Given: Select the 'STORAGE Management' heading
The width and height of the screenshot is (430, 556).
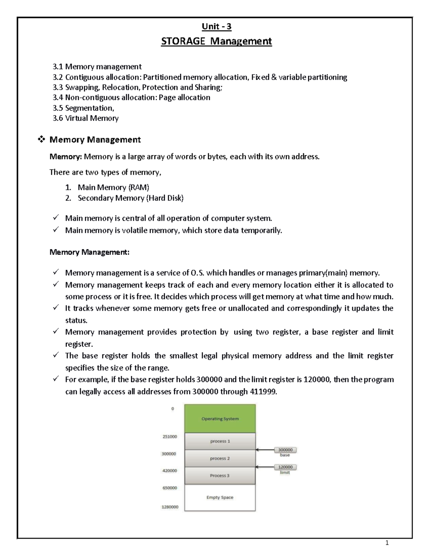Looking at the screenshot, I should click(216, 42).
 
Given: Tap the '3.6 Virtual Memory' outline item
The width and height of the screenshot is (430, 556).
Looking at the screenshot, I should click(85, 118).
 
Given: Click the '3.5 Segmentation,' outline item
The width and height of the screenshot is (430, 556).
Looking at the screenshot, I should click(83, 108).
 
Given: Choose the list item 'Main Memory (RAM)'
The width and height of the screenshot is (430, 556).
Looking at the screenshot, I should click(113, 187).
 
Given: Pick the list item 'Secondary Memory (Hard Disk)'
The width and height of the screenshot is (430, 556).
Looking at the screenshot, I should click(130, 198).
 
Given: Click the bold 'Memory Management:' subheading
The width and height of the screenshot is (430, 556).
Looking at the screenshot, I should click(89, 252).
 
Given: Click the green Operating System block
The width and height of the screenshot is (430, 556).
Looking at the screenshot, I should click(220, 419).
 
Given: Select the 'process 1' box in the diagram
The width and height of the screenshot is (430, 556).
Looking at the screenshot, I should click(220, 441).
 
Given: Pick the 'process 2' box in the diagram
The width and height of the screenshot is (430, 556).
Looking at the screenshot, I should click(220, 458).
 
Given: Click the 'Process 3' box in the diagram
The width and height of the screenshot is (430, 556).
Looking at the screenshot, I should click(220, 475).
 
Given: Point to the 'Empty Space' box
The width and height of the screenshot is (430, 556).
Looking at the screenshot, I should click(220, 497).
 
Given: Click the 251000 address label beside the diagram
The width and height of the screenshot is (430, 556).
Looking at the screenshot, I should click(169, 436).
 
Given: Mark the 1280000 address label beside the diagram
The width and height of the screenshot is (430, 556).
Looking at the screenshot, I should click(169, 507).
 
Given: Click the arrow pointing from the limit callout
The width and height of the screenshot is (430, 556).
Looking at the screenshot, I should click(265, 467).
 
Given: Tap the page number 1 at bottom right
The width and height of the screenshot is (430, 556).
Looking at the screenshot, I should click(387, 543).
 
